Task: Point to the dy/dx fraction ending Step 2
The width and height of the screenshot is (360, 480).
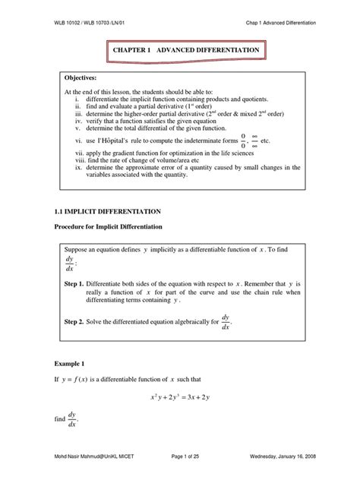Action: tap(226, 322)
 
